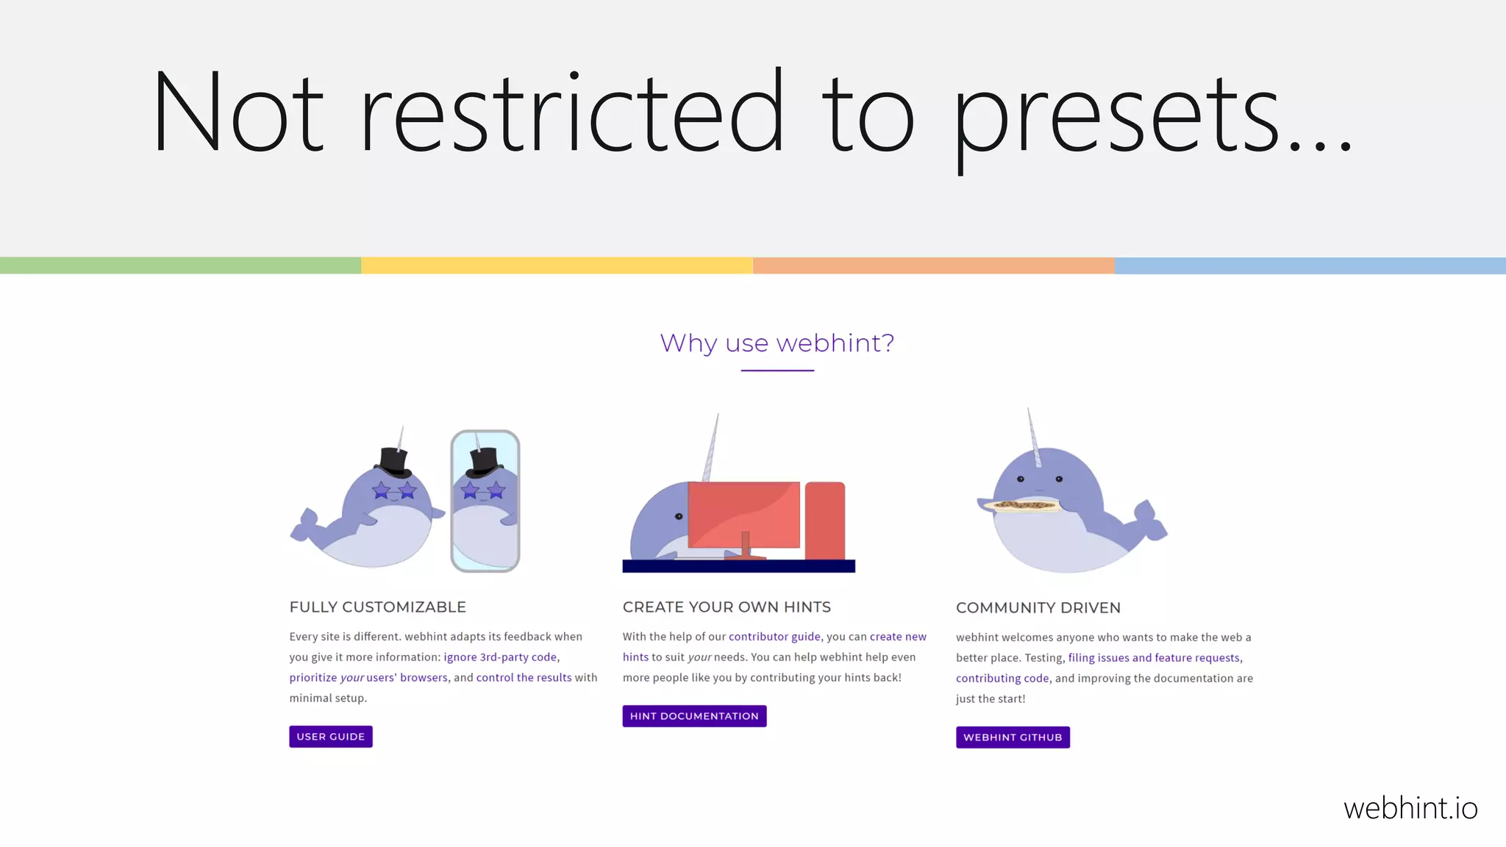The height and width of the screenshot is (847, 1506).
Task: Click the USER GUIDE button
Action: (x=331, y=737)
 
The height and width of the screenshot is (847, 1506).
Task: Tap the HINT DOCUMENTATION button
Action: (x=694, y=716)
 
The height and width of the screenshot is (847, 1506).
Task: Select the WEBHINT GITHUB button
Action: (x=1013, y=737)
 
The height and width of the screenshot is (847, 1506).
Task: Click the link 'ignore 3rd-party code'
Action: (x=500, y=657)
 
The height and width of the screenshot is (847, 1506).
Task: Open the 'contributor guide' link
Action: (x=774, y=637)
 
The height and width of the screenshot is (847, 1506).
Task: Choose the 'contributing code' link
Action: (x=1002, y=679)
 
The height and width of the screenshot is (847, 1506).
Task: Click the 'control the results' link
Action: (x=524, y=678)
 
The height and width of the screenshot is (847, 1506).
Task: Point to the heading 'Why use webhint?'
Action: (x=777, y=343)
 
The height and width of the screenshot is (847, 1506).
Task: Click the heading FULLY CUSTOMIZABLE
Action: (x=378, y=607)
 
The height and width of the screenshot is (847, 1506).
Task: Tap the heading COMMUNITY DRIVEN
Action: (x=1038, y=608)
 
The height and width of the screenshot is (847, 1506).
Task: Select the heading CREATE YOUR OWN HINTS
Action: (x=727, y=607)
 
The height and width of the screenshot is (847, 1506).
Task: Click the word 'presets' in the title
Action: (x=1118, y=118)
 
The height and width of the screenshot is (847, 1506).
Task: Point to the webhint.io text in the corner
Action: (x=1410, y=809)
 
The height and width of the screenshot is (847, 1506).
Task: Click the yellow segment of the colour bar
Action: (x=557, y=265)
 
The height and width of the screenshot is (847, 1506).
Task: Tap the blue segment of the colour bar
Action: (x=1310, y=265)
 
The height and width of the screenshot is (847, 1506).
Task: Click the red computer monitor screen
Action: (x=743, y=513)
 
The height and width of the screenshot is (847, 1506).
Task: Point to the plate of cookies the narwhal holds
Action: (x=1022, y=505)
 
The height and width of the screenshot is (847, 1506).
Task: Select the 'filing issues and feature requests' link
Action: (x=1154, y=658)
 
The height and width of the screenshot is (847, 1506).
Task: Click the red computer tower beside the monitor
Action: (x=825, y=521)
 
